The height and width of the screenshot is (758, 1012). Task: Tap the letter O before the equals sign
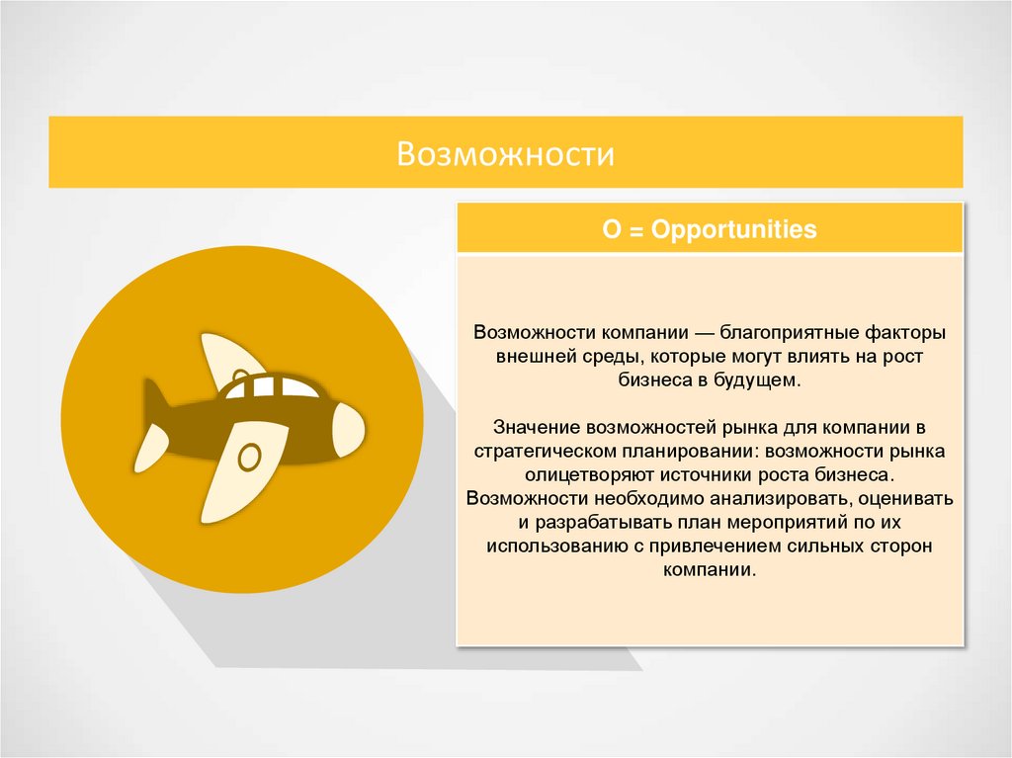611,230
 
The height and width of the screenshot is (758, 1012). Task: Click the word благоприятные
774,332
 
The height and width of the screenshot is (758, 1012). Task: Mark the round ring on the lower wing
250,457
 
